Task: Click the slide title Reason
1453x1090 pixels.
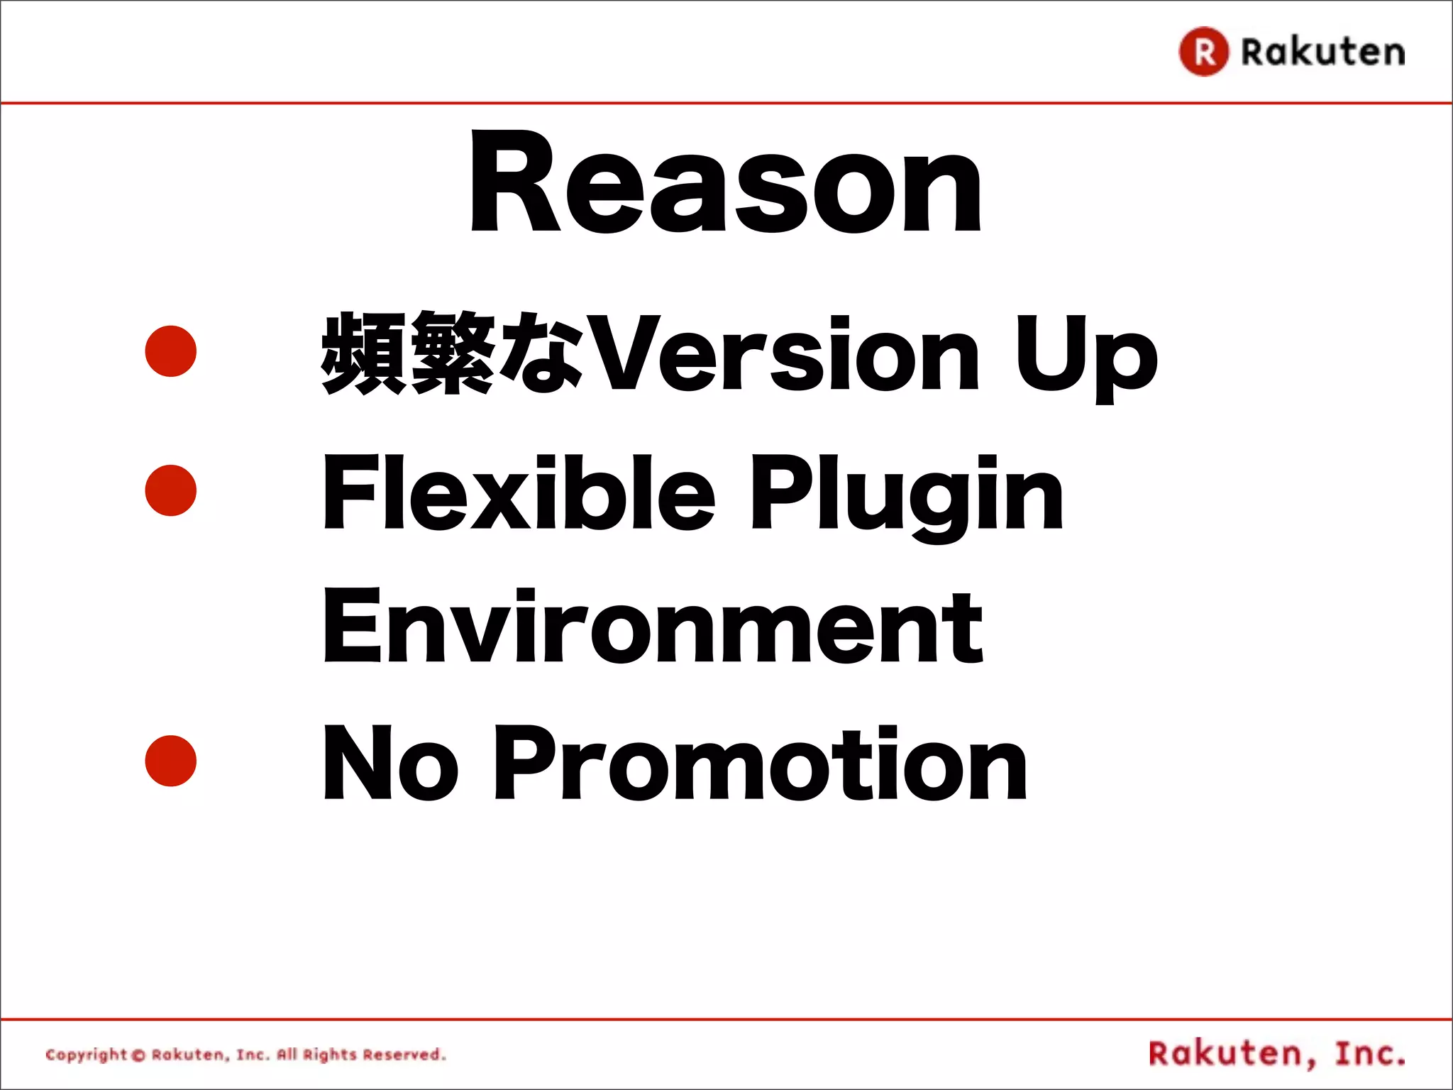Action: (725, 182)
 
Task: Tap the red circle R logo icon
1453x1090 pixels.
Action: (1203, 51)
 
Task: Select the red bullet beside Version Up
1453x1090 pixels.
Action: (170, 351)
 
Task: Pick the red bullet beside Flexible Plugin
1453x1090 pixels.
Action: (170, 490)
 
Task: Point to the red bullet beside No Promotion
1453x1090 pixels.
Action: (170, 761)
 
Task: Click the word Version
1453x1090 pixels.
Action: (784, 353)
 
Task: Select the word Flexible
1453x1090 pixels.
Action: (519, 492)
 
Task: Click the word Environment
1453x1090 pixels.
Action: (653, 627)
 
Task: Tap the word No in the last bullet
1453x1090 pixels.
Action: (390, 763)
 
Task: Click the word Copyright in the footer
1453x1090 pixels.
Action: (86, 1055)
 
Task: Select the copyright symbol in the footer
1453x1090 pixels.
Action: (138, 1055)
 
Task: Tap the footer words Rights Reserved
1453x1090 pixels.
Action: (374, 1055)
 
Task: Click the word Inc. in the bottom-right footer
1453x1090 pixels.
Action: (1369, 1054)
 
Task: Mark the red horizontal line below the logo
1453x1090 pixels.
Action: (726, 104)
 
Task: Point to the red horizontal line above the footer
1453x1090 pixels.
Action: (726, 1020)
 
